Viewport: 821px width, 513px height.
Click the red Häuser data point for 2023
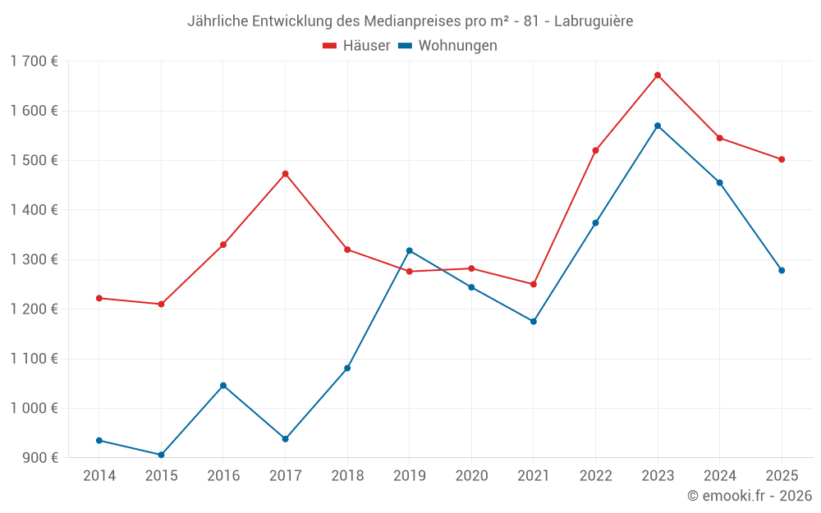pos(658,76)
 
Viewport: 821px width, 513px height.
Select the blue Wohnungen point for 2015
pos(161,455)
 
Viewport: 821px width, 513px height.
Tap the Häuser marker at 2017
pos(285,174)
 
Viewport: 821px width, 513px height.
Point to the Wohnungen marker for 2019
pos(410,250)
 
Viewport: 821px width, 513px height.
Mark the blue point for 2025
pos(782,270)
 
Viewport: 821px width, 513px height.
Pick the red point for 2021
pos(534,284)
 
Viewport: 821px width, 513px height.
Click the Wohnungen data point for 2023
pos(658,126)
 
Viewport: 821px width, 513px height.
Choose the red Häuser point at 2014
pos(99,298)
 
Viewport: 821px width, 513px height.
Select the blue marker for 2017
pos(285,439)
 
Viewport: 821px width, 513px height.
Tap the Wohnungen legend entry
pos(448,46)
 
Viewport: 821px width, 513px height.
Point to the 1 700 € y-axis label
pos(34,61)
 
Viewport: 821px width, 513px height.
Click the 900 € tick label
pos(39,457)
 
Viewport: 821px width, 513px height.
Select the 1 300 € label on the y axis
pos(34,259)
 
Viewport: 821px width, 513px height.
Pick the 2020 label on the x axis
pos(471,476)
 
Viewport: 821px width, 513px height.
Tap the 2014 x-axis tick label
pos(99,476)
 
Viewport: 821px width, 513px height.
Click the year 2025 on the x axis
pos(782,476)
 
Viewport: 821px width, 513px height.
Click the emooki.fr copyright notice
pos(750,496)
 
